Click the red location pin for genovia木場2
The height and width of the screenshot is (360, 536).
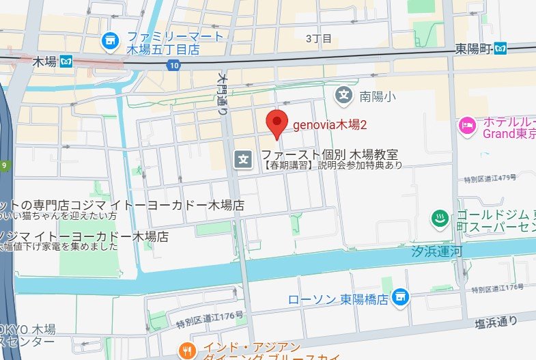point(275,123)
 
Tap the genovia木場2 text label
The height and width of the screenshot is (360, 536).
point(330,126)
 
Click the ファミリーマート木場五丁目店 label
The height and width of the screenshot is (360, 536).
point(173,43)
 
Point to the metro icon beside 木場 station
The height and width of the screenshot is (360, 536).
point(66,61)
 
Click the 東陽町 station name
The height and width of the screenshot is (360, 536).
point(473,49)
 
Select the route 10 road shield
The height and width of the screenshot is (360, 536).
point(174,65)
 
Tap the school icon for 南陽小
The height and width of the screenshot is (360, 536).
point(345,95)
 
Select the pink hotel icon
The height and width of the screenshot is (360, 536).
point(467,125)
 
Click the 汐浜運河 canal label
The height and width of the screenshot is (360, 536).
point(437,251)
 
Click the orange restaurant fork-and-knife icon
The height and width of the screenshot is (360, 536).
point(186,350)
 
